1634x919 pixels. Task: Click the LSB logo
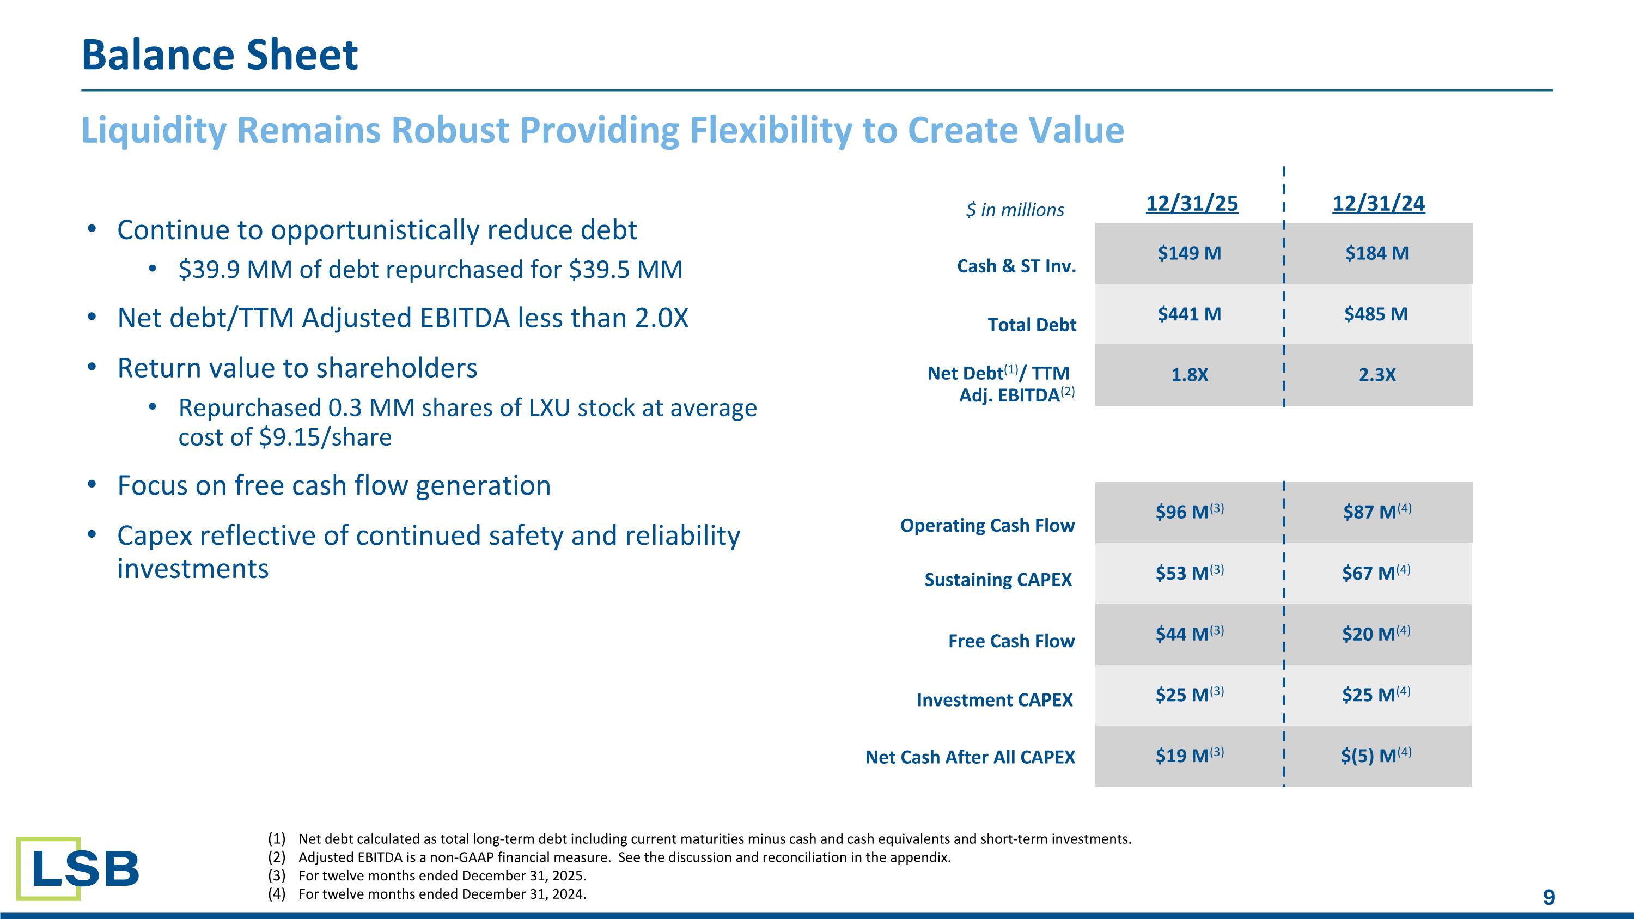tap(77, 868)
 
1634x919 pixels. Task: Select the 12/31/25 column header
tap(1191, 204)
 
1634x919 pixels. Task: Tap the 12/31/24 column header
tap(1378, 204)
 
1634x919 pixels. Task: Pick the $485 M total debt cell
tap(1375, 314)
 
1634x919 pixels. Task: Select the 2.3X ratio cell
tap(1376, 375)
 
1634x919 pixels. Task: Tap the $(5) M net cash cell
tap(1375, 756)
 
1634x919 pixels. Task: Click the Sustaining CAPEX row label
tap(997, 580)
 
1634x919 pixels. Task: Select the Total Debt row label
tap(1032, 325)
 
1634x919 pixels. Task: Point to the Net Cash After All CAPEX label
tap(970, 757)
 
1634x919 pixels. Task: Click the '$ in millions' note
tap(1014, 210)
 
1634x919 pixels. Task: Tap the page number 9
tap(1548, 897)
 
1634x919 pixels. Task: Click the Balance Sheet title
tap(220, 54)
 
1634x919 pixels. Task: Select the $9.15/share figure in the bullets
tap(325, 437)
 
